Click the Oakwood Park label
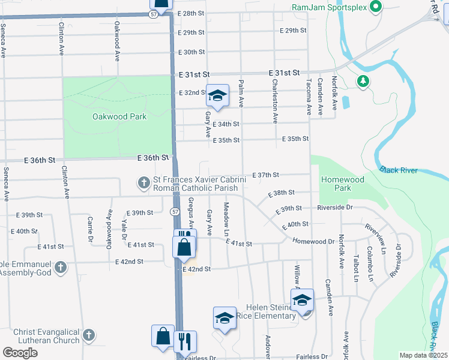coord(119,117)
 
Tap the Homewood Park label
coord(343,184)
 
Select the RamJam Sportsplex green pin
coord(376,7)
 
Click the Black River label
coord(399,171)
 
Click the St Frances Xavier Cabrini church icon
coord(143,182)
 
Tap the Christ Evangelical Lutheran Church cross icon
coord(88,336)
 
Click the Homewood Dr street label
coord(313,241)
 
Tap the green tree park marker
coord(362,81)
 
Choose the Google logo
coord(20,353)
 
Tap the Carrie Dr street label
coord(91,230)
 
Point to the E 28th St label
coord(191,13)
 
